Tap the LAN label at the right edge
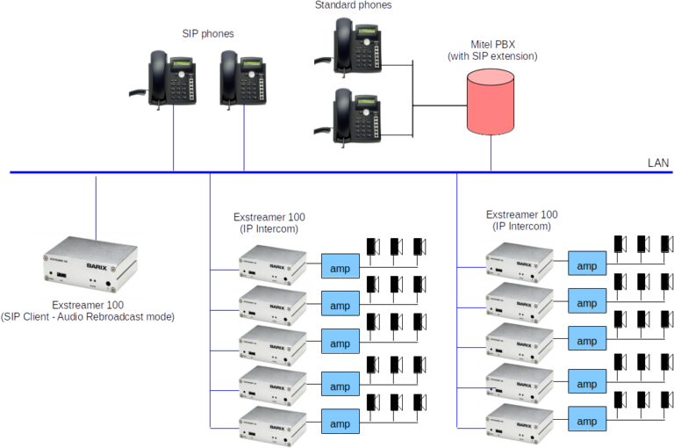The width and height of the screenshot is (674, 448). point(657,163)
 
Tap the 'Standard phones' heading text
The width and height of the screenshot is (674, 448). point(353,5)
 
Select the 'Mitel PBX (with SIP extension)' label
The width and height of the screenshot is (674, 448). point(491,49)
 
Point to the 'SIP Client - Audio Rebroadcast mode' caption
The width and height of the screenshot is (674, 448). point(88,316)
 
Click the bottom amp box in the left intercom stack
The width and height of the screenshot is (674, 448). point(340,424)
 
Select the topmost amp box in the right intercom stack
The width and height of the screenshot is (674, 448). point(586,265)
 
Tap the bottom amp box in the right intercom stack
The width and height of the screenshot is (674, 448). point(586,422)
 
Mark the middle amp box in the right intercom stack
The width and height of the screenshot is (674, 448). point(586,341)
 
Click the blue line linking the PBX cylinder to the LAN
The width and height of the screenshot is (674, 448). point(491,152)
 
